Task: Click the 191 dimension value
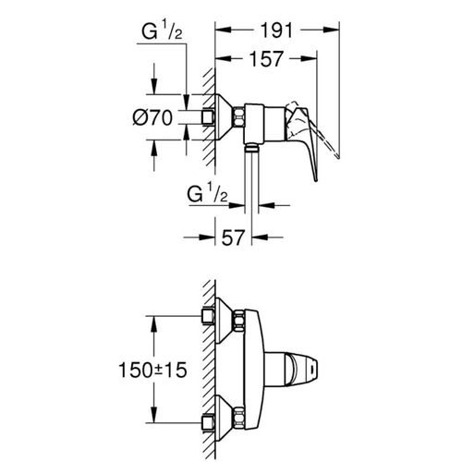[x=276, y=30]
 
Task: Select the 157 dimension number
[x=266, y=59]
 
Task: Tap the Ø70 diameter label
[x=152, y=117]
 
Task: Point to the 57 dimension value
[x=233, y=237]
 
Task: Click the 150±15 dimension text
[x=152, y=370]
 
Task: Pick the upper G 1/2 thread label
[x=162, y=31]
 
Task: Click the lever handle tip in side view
[x=315, y=179]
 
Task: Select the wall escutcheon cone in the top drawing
[x=225, y=117]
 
